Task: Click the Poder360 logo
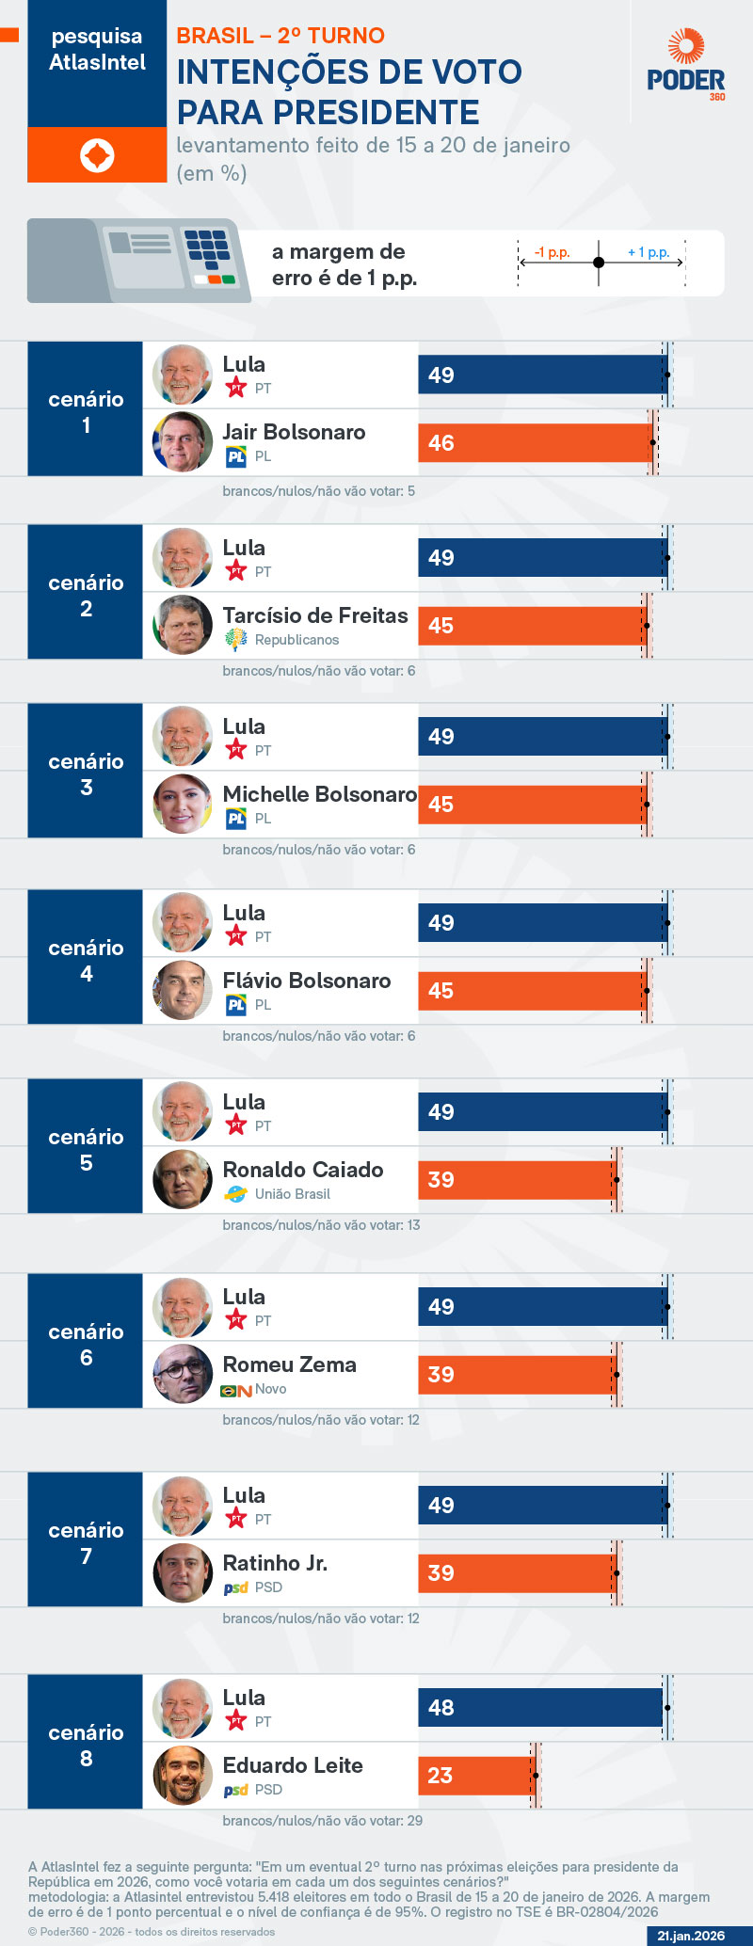pyautogui.click(x=686, y=65)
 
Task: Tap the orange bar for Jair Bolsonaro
pyautogui.click(x=535, y=442)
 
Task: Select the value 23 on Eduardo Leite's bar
pyautogui.click(x=441, y=1775)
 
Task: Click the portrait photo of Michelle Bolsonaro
pyautogui.click(x=183, y=804)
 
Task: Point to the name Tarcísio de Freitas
pyautogui.click(x=315, y=615)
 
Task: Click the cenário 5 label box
pyautogui.click(x=86, y=1150)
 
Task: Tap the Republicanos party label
pyautogui.click(x=296, y=640)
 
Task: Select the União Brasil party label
pyautogui.click(x=292, y=1194)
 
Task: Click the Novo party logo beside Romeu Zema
pyautogui.click(x=235, y=1391)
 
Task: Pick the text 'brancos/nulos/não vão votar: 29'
pyautogui.click(x=322, y=1821)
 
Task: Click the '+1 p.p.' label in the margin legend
pyautogui.click(x=649, y=252)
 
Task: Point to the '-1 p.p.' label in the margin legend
pyautogui.click(x=553, y=252)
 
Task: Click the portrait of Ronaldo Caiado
pyautogui.click(x=183, y=1179)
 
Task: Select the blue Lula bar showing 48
pyautogui.click(x=541, y=1707)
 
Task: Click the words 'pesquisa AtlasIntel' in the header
pyautogui.click(x=97, y=49)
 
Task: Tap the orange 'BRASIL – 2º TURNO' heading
pyautogui.click(x=280, y=36)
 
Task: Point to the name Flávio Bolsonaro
pyautogui.click(x=307, y=981)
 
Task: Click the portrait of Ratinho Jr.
pyautogui.click(x=183, y=1572)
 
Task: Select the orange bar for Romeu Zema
pyautogui.click(x=516, y=1374)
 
